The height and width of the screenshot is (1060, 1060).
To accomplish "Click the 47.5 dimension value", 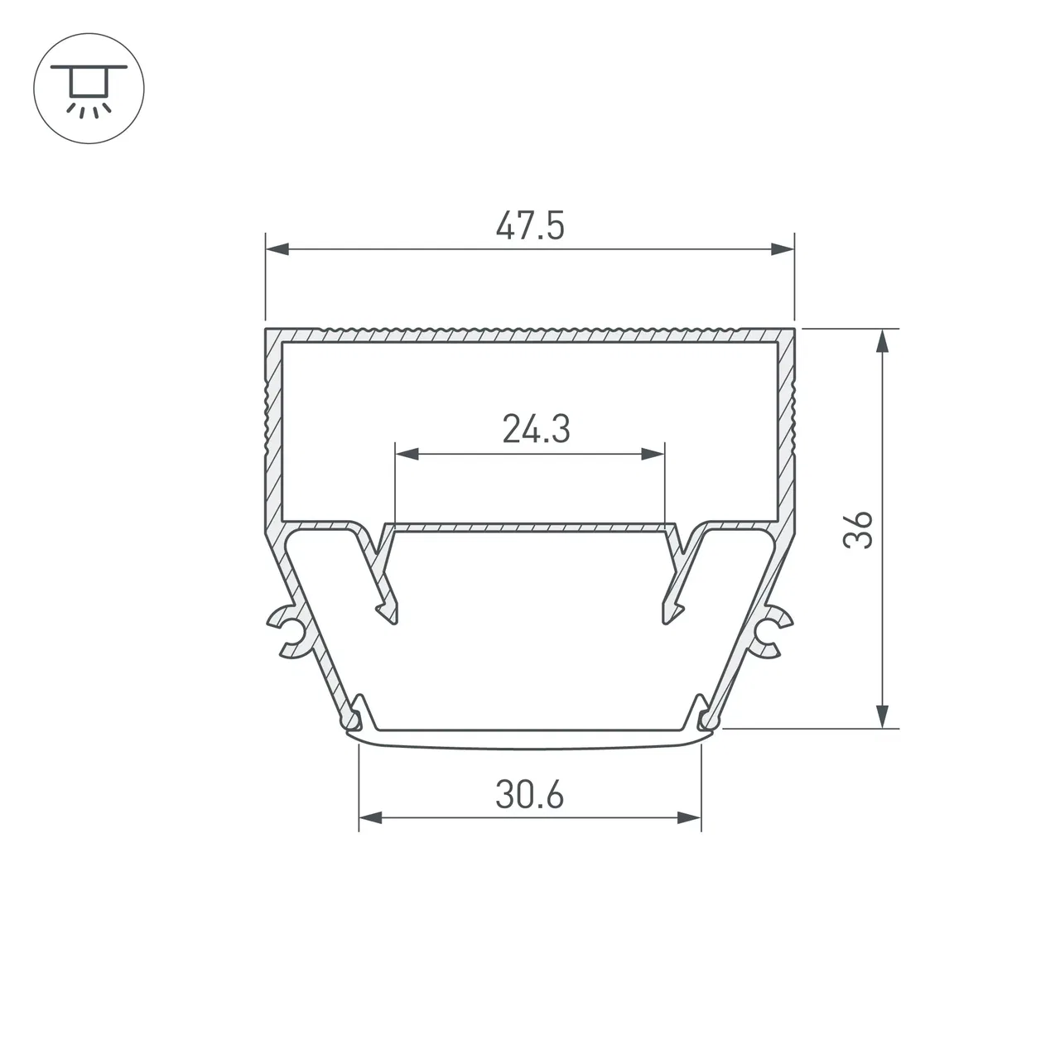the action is click(530, 225).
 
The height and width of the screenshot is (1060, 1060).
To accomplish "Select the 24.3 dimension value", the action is click(537, 429).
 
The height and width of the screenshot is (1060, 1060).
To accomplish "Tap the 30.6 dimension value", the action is click(530, 795).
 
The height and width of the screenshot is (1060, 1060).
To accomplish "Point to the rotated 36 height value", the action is click(858, 530).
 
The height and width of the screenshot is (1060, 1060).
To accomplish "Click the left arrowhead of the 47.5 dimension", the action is click(277, 249).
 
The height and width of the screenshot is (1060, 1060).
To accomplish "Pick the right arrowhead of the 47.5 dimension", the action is click(783, 249).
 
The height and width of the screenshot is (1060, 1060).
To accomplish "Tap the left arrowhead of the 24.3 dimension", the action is click(407, 455).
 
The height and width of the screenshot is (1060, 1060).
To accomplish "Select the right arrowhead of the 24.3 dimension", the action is click(653, 455).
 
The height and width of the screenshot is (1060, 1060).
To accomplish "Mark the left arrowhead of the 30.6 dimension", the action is click(370, 818).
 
